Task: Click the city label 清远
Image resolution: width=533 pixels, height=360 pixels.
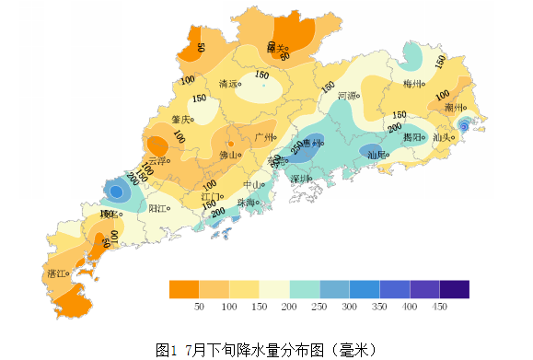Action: [228, 84]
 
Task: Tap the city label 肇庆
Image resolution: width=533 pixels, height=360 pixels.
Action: [180, 119]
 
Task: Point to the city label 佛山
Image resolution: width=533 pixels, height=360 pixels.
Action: [228, 156]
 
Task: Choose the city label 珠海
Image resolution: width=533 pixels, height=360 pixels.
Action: [245, 203]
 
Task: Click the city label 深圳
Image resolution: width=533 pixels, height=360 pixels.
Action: [300, 178]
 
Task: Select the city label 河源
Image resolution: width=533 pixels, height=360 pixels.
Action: [347, 95]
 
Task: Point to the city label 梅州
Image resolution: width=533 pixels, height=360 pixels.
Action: [412, 84]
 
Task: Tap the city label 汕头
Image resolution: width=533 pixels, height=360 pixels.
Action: [441, 137]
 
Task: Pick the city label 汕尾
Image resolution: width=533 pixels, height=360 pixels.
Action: [376, 156]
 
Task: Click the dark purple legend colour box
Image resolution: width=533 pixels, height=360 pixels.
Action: [455, 289]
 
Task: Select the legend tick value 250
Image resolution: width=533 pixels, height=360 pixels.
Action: [319, 306]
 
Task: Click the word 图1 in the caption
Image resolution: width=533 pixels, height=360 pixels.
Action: [166, 350]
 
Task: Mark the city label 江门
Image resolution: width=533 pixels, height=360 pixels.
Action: [210, 196]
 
